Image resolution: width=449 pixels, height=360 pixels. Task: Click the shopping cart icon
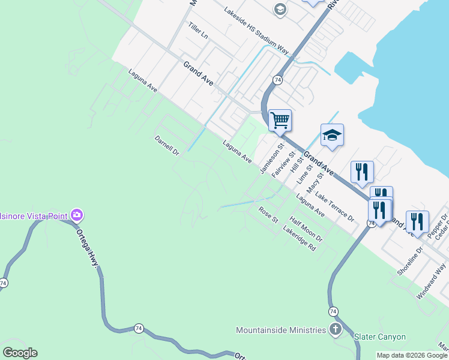pyautogui.click(x=280, y=120)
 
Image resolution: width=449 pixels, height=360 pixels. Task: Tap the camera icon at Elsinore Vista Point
pyautogui.click(x=76, y=215)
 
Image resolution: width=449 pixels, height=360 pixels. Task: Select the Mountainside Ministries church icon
pyautogui.click(x=336, y=329)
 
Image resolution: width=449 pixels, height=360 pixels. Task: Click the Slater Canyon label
pyautogui.click(x=379, y=337)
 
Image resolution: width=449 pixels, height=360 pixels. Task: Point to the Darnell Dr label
pyautogui.click(x=167, y=145)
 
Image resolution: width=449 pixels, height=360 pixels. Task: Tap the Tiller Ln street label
pyautogui.click(x=197, y=31)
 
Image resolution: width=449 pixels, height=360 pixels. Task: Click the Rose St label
pyautogui.click(x=268, y=215)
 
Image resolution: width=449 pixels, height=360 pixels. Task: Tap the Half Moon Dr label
pyautogui.click(x=306, y=229)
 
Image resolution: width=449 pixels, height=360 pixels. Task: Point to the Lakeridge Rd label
pyautogui.click(x=299, y=239)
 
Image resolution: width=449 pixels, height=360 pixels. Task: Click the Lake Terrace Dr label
pyautogui.click(x=334, y=208)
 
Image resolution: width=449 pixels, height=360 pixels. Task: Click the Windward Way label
pyautogui.click(x=432, y=281)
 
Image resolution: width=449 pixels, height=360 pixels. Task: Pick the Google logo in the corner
pyautogui.click(x=20, y=353)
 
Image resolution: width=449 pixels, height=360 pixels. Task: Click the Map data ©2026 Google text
pyautogui.click(x=412, y=355)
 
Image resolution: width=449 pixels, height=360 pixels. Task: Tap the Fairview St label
pyautogui.click(x=283, y=163)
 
